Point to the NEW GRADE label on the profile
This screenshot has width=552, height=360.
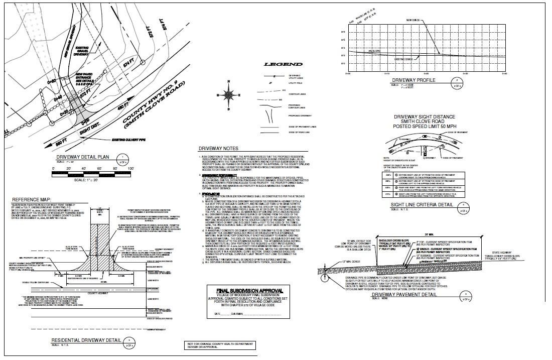point(413,20)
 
